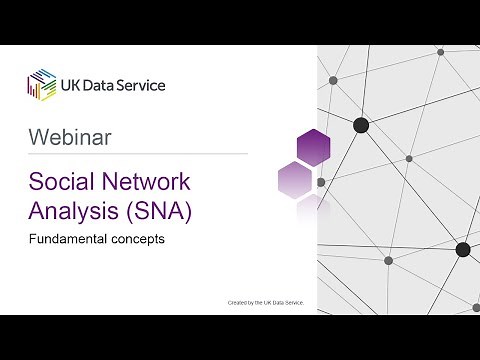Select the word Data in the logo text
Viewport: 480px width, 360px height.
[106, 85]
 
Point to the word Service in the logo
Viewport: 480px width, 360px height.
[144, 85]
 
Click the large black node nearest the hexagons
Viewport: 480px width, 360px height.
[361, 125]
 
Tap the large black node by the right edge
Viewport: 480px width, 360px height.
[463, 249]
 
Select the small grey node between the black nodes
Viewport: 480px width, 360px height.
[409, 158]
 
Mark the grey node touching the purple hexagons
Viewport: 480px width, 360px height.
[321, 183]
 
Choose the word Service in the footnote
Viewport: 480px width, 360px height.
[291, 301]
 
